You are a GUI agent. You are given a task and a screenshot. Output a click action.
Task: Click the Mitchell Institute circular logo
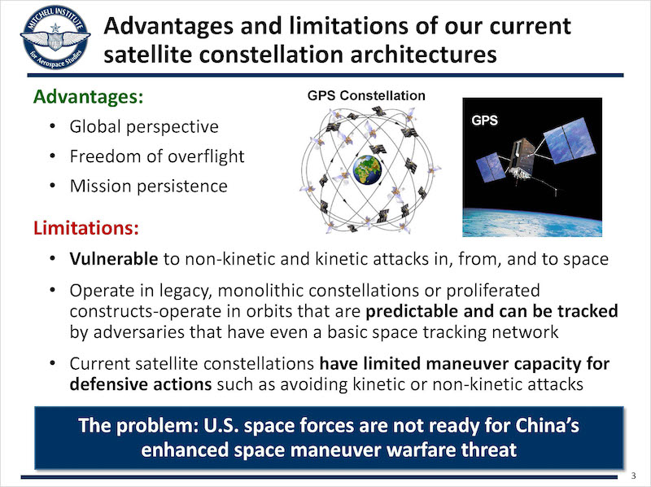55,37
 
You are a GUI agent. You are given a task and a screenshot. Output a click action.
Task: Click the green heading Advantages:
88,97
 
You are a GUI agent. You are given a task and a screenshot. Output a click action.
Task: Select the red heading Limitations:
86,228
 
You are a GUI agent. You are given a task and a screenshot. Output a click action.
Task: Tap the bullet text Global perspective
144,127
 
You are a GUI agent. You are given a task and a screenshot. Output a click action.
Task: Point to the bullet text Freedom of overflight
157,156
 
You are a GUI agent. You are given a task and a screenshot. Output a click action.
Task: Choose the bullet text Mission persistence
149,186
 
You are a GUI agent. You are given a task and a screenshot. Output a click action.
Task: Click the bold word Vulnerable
114,258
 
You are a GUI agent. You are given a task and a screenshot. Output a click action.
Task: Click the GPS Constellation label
366,95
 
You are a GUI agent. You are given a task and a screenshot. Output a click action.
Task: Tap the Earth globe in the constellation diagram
367,169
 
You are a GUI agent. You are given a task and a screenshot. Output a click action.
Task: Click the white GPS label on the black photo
484,121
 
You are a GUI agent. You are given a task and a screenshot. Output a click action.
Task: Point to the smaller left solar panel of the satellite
492,167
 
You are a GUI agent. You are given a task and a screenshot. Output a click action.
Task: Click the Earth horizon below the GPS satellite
532,222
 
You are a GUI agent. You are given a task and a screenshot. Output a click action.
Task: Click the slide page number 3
634,476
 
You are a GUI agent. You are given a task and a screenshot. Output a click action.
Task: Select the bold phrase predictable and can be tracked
492,311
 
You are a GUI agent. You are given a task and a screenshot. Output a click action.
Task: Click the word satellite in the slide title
147,55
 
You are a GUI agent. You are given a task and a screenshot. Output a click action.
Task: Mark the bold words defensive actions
141,384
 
